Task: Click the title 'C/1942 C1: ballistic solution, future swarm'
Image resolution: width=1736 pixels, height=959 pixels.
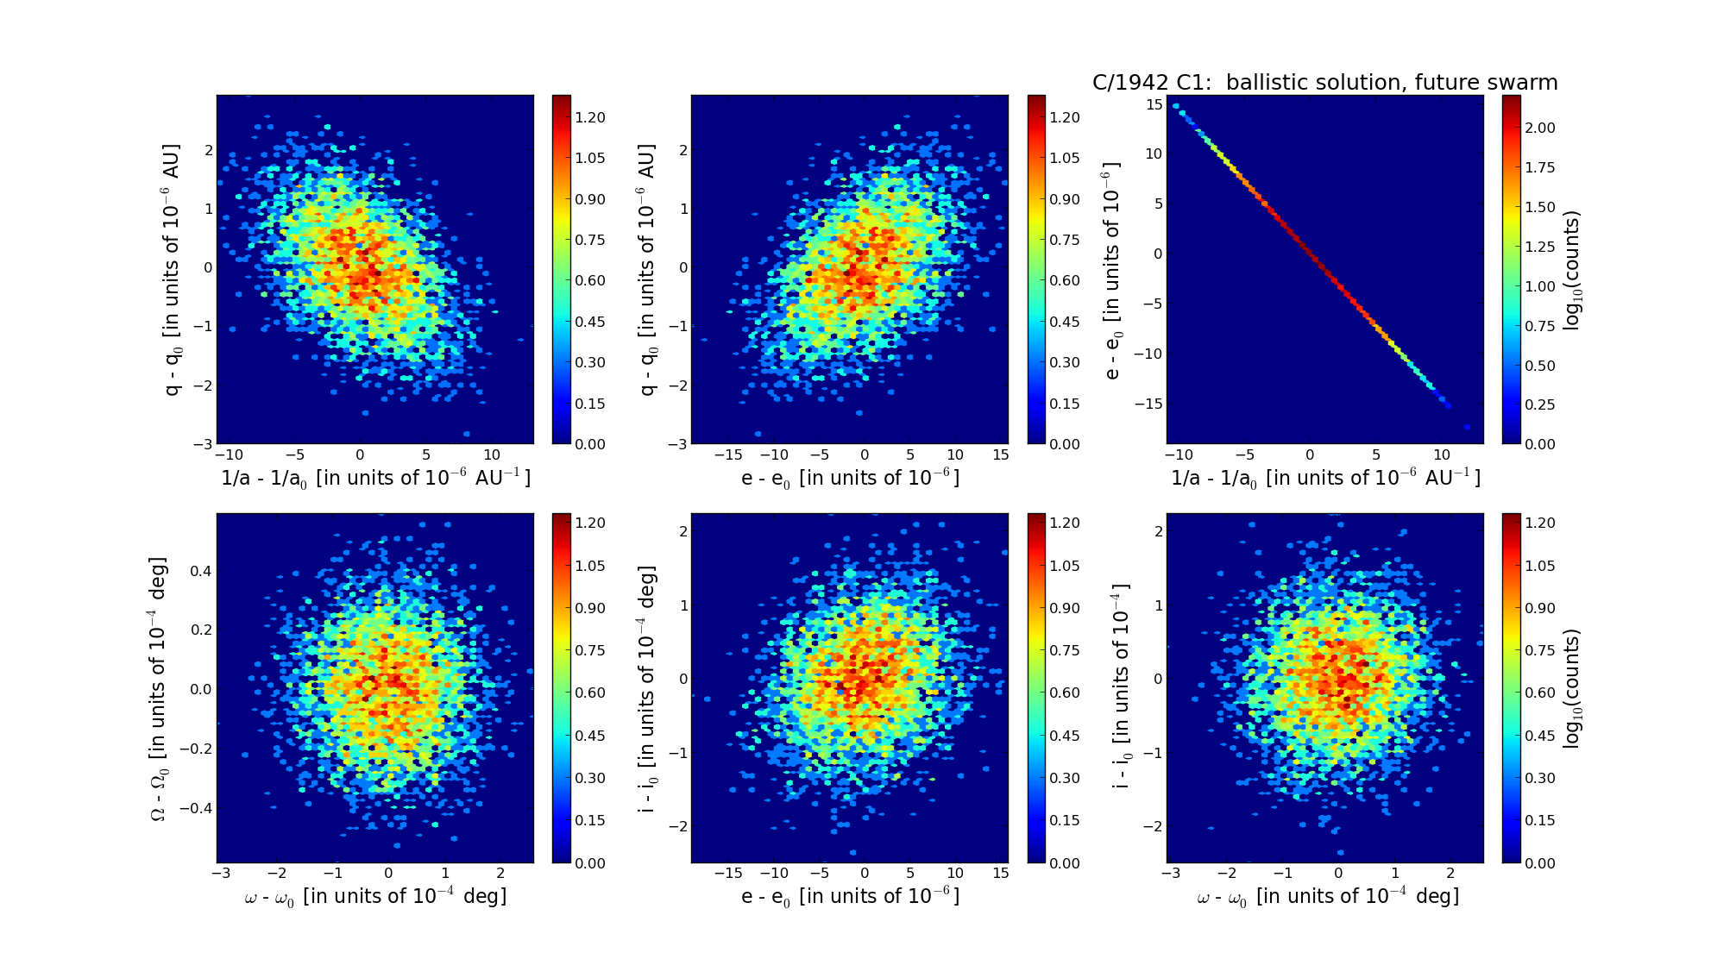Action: (1324, 83)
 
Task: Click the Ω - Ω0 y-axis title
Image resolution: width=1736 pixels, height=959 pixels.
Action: (159, 688)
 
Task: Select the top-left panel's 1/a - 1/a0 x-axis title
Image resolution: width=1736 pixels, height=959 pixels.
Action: (375, 478)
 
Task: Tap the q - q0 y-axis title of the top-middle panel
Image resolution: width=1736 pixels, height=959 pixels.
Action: (647, 269)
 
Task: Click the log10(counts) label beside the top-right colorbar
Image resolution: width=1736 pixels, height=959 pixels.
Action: (1572, 269)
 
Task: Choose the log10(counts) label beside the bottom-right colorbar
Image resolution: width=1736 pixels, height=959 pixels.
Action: (1572, 687)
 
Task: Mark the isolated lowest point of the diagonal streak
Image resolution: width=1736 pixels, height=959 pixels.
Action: (1467, 427)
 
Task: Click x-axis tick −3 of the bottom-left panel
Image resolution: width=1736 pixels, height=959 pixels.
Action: (221, 873)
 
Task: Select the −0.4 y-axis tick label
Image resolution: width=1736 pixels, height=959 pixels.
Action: (194, 808)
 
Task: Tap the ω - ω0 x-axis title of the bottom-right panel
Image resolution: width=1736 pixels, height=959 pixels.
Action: (1327, 897)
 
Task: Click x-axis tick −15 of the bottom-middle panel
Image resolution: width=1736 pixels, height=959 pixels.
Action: (729, 873)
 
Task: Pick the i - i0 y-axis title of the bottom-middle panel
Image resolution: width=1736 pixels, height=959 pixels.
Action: (647, 688)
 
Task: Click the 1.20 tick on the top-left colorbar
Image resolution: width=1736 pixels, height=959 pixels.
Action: (591, 117)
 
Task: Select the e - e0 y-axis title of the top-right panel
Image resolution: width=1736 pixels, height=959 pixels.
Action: (1113, 269)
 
